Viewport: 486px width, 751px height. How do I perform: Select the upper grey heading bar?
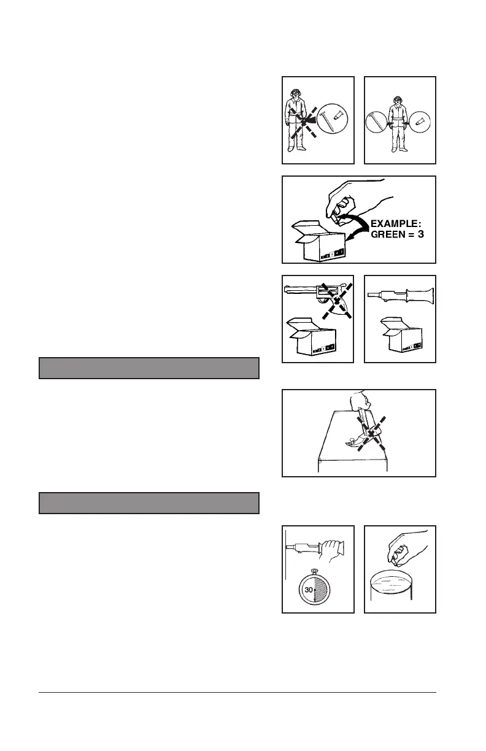pyautogui.click(x=149, y=368)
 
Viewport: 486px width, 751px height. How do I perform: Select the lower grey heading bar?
pyautogui.click(x=149, y=503)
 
